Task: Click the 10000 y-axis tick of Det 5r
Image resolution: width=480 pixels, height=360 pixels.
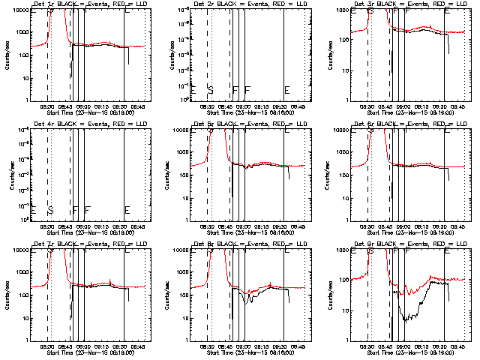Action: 178,130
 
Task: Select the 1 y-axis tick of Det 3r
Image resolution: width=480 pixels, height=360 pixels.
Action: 346,100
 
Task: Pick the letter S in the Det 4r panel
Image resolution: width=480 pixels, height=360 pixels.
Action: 51,210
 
